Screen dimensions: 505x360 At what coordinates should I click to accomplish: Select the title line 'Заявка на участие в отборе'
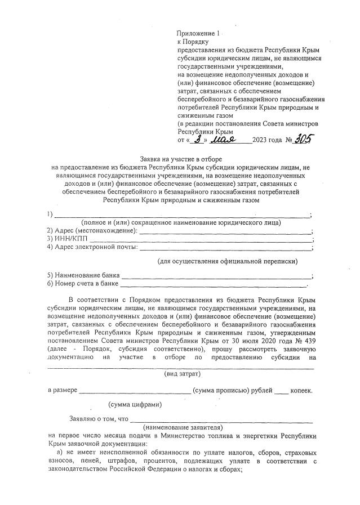[180, 159]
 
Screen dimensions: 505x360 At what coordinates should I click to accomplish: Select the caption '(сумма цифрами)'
[136, 404]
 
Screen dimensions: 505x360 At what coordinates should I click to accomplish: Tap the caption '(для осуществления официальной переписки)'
[227, 261]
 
